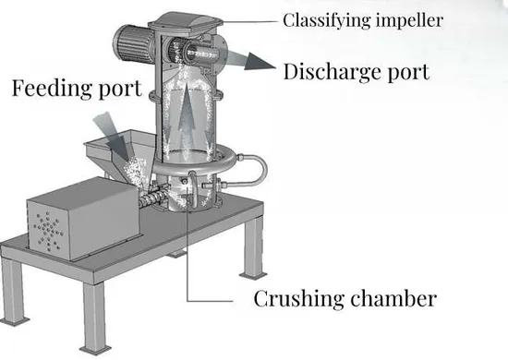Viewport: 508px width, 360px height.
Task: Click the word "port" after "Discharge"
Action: [409, 74]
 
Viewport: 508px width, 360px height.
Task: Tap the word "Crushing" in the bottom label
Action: [298, 298]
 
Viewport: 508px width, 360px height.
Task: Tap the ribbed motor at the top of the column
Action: [132, 45]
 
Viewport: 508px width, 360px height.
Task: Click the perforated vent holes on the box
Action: [48, 231]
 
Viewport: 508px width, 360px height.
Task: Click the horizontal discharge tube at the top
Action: [200, 54]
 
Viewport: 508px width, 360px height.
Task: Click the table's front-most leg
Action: [95, 318]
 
